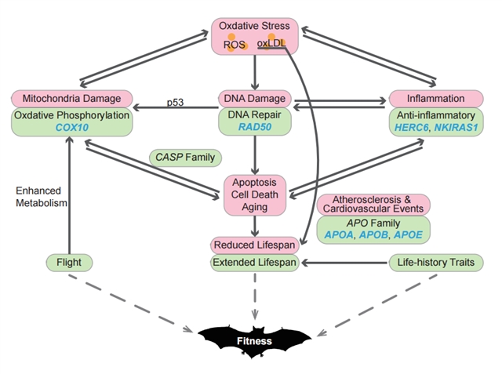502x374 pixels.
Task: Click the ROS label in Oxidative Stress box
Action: tap(235, 45)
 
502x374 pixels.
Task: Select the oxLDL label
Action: tap(271, 43)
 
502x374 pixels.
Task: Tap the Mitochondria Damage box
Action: tap(71, 99)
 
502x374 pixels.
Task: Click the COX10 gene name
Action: tap(71, 127)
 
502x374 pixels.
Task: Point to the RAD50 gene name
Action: tap(255, 127)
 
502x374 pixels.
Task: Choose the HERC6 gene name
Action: tap(411, 127)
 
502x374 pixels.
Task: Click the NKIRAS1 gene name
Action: tap(456, 127)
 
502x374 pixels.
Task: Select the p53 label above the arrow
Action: tap(175, 103)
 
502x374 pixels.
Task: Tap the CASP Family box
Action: tap(185, 158)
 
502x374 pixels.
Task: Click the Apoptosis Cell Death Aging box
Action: tap(255, 194)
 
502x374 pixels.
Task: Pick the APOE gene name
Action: tap(408, 235)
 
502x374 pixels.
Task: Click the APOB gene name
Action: tap(373, 235)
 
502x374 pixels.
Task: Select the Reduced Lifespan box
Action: tap(254, 245)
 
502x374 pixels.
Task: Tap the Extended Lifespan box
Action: tap(254, 263)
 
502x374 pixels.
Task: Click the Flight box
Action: tap(69, 263)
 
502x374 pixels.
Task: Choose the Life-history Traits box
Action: tap(436, 263)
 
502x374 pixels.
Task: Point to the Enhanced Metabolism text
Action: tap(42, 197)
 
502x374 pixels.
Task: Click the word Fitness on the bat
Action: tap(254, 341)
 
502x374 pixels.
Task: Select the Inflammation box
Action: tap(436, 99)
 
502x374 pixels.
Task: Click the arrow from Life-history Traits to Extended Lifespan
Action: tap(344, 263)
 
